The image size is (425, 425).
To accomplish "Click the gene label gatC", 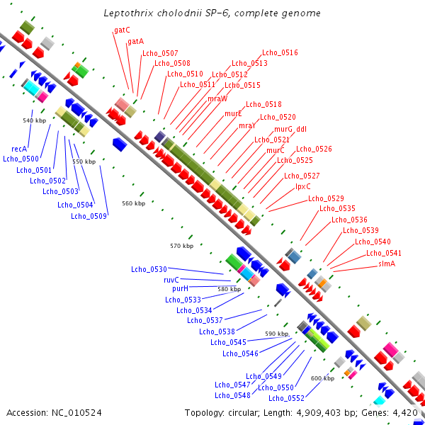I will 122,30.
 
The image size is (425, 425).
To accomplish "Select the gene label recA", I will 19,149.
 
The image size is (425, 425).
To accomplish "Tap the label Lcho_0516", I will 280,52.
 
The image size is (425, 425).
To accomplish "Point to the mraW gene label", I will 217,98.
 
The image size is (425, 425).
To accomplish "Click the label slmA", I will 387,263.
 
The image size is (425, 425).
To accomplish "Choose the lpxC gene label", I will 302,186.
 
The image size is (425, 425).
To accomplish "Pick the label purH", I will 180,289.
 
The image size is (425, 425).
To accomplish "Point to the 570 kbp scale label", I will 181,246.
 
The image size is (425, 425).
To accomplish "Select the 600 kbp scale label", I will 322,378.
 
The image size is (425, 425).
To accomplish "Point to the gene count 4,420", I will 405,412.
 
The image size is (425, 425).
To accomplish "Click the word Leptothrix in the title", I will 127,13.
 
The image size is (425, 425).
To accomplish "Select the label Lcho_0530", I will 149,269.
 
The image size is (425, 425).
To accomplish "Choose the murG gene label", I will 283,130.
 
